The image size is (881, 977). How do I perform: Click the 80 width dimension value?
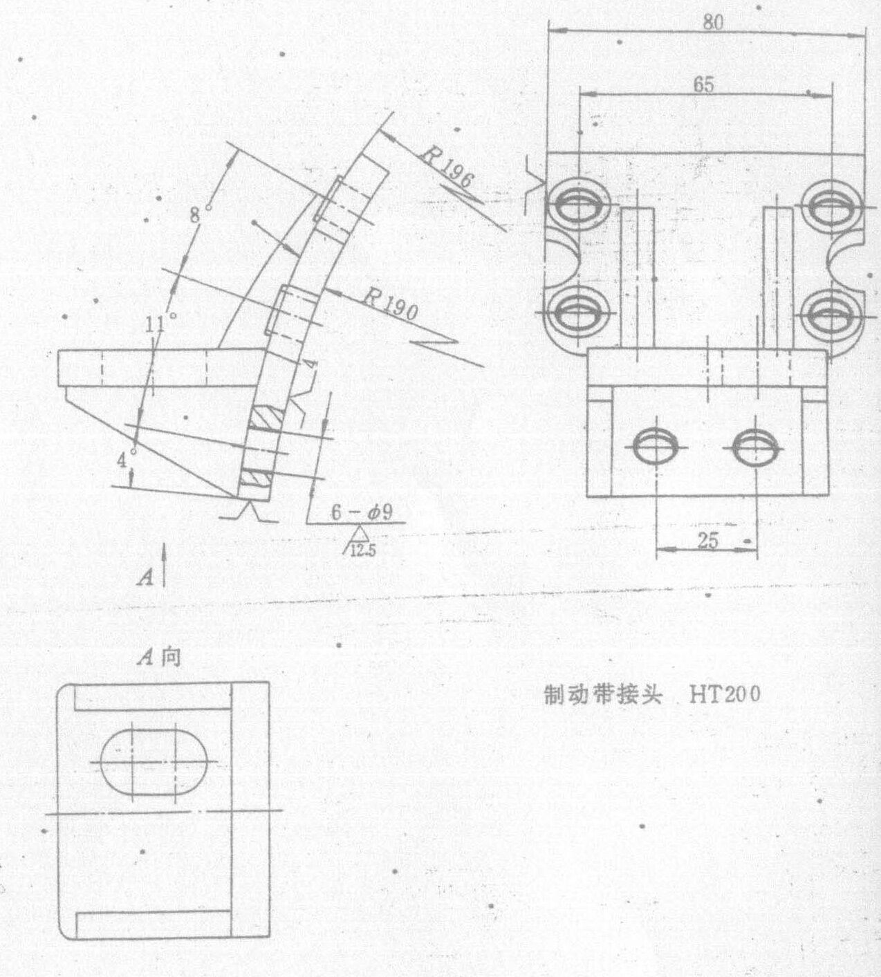[x=713, y=22]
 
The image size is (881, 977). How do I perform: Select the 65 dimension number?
[x=703, y=85]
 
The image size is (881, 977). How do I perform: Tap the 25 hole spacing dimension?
[x=707, y=541]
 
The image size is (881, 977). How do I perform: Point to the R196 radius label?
[x=445, y=169]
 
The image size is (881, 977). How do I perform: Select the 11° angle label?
[x=159, y=323]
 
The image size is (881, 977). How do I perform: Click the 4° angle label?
[x=125, y=458]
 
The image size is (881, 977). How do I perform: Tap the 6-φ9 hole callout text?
[x=362, y=512]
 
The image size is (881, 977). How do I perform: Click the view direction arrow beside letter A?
[x=164, y=565]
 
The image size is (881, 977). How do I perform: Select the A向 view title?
[x=159, y=658]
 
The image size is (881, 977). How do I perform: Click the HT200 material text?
[x=725, y=696]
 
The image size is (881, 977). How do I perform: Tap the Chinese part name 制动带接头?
[x=603, y=696]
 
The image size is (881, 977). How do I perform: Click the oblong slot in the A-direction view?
[x=154, y=762]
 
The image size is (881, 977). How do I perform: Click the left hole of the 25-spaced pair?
[x=656, y=447]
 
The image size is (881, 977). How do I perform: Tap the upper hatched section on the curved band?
[x=266, y=419]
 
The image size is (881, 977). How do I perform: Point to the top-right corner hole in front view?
[x=831, y=206]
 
